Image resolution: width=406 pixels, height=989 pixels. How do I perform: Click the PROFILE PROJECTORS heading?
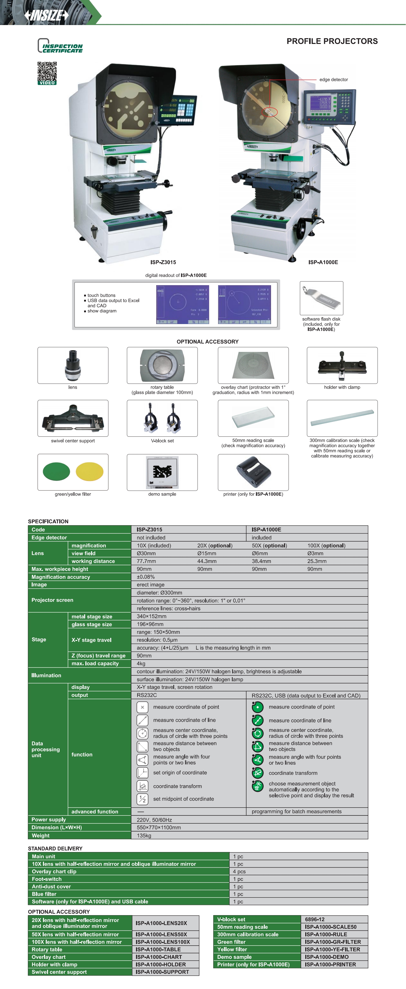(332, 41)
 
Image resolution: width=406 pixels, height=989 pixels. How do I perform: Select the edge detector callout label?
(333, 79)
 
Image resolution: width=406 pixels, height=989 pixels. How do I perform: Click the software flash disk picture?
(321, 298)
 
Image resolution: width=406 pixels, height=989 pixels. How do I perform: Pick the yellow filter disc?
(89, 471)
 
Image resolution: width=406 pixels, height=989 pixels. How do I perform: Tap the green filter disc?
(57, 471)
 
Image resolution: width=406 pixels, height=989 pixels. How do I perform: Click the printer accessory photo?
(253, 472)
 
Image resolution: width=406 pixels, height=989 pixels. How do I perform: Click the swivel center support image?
(73, 418)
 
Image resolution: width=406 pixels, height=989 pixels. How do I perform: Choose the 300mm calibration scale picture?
(342, 418)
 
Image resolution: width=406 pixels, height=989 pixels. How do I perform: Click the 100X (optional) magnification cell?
(326, 546)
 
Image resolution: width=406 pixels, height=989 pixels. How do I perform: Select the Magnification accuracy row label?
(61, 577)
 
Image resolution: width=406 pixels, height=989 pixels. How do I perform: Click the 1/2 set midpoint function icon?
(142, 799)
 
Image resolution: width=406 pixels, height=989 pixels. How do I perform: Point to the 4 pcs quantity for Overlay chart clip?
(239, 871)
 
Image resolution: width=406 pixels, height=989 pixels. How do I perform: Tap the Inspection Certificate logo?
(60, 46)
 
